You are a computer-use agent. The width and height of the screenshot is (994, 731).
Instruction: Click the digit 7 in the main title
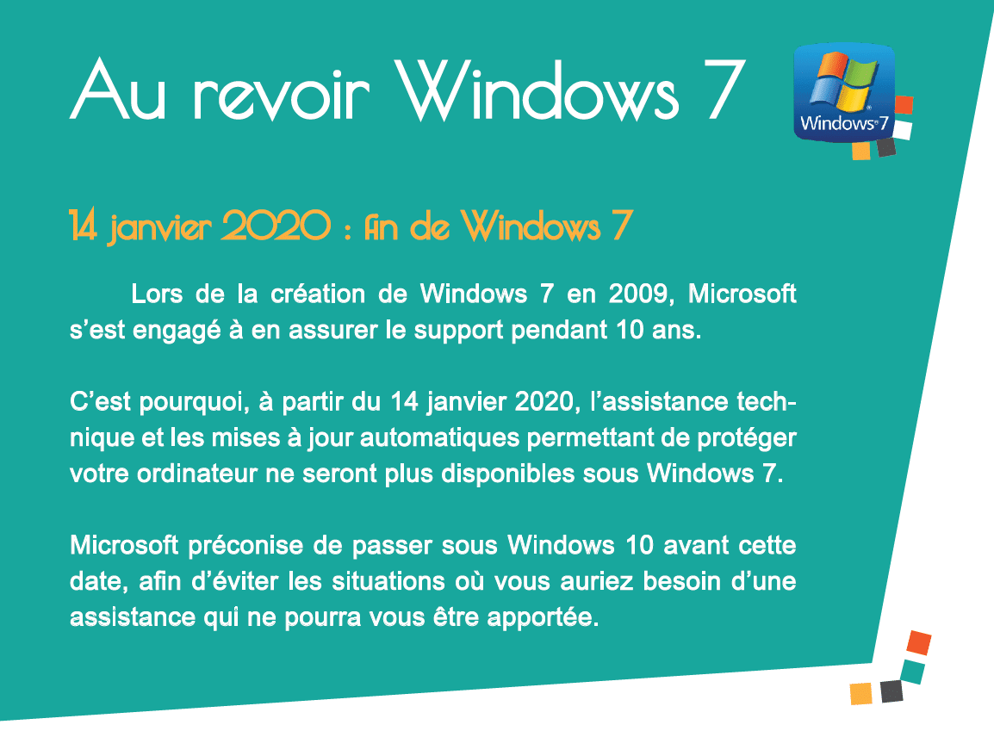coord(725,90)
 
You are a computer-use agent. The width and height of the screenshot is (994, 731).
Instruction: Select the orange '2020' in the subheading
coord(276,226)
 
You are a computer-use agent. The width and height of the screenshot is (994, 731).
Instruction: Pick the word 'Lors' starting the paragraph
coord(157,294)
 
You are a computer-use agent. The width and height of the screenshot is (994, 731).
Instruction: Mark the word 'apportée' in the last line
coord(543,618)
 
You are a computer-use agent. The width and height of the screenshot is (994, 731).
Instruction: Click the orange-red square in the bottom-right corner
coord(918,642)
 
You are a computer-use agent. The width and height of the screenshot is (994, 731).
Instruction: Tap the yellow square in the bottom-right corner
coord(860,693)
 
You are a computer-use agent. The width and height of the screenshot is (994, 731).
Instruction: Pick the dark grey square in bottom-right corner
coord(891,691)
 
